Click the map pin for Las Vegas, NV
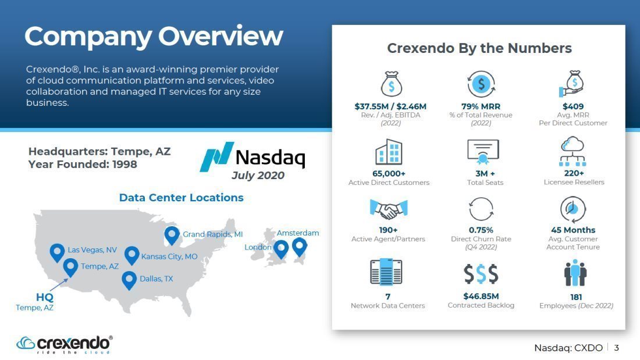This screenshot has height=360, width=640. (x=57, y=252)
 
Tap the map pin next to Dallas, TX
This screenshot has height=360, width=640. (x=129, y=280)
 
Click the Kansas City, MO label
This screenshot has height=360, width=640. (x=169, y=256)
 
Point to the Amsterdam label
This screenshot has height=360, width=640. (x=298, y=233)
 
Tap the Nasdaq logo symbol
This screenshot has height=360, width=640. (x=217, y=156)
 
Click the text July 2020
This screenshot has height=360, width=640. (x=258, y=176)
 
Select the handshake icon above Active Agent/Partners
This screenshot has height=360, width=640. (x=389, y=210)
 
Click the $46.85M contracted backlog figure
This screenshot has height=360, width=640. (x=481, y=297)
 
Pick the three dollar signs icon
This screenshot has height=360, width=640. (x=481, y=274)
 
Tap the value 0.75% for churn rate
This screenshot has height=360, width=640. (x=481, y=230)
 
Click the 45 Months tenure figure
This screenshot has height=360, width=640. (x=573, y=230)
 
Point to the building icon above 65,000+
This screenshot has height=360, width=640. (x=389, y=152)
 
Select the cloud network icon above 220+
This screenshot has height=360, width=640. (x=573, y=151)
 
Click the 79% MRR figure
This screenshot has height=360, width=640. (x=481, y=106)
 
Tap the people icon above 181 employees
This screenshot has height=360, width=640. (x=575, y=273)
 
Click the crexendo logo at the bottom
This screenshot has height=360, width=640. (x=65, y=344)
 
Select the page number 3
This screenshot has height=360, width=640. (x=617, y=348)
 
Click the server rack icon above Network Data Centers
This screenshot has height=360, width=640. (x=386, y=272)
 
